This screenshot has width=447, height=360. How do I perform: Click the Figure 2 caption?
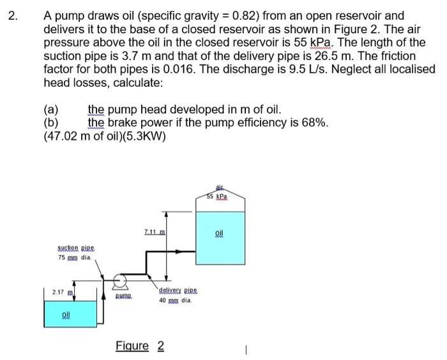tap(140, 346)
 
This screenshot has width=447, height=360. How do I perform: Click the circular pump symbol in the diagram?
tap(118, 280)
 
